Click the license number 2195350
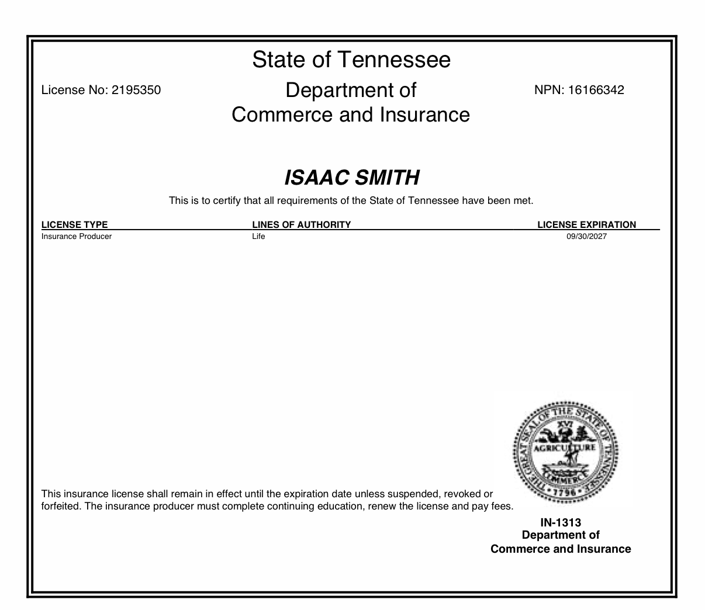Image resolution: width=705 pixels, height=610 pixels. click(x=136, y=90)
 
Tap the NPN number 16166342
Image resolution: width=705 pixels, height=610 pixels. click(x=595, y=90)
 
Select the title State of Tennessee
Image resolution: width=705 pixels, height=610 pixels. click(x=351, y=60)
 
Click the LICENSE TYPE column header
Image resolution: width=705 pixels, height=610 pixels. click(x=75, y=224)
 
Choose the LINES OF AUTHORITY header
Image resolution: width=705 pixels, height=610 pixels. click(x=301, y=224)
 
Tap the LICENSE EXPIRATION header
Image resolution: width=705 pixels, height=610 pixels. click(x=586, y=224)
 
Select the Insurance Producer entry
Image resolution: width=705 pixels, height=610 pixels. click(x=77, y=237)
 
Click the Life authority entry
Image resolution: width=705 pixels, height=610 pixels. click(x=258, y=237)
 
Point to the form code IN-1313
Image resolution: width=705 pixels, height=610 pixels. click(x=561, y=522)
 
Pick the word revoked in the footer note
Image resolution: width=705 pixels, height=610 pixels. click(x=459, y=494)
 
